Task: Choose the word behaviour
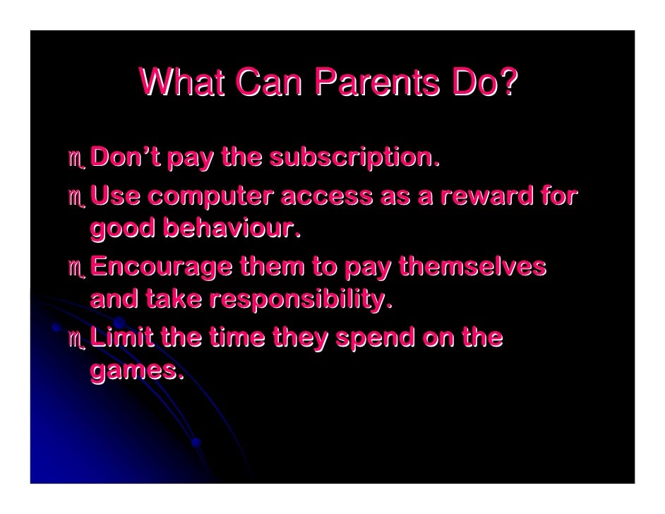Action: coord(231,228)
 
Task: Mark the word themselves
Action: coord(472,267)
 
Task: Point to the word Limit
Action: coord(121,337)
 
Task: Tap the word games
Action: coord(136,371)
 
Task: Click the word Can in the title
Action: coord(270,83)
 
